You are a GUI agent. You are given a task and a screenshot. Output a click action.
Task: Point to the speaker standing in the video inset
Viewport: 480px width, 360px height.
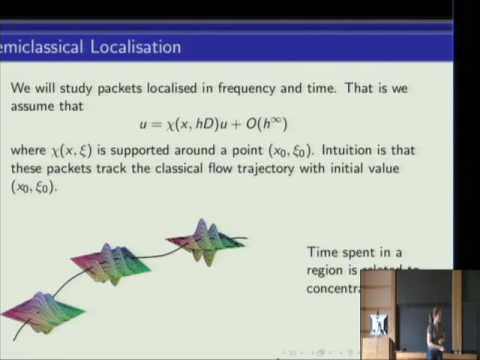coord(437,330)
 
